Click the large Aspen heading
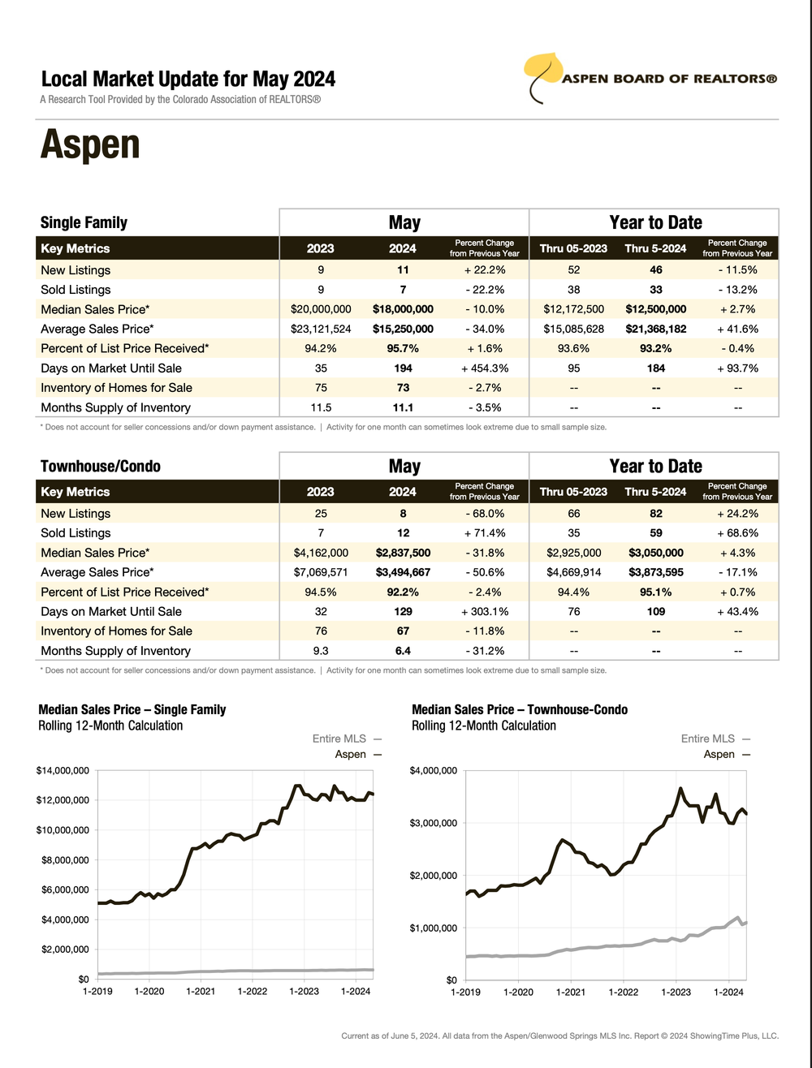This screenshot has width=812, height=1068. pos(90,144)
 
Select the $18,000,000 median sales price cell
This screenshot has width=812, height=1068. pos(403,309)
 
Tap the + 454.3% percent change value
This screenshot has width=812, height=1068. pos(485,368)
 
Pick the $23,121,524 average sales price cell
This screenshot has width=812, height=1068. pos(321,329)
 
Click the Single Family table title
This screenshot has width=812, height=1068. pos(84,222)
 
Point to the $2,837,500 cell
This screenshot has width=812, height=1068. pos(403,553)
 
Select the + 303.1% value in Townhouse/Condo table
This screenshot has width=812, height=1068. pos(485,612)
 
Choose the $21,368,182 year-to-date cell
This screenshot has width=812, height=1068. pos(655,329)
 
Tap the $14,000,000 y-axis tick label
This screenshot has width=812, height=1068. pos(63,770)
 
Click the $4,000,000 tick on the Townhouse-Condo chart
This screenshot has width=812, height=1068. pos(434,770)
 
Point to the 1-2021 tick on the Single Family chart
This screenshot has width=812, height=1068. pos(201,991)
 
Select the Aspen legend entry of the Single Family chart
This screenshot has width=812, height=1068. pos(358,755)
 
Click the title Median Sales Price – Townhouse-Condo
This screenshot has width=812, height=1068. pos(520,710)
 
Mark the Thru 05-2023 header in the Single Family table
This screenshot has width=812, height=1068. pos(573,248)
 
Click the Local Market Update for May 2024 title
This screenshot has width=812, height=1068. pos(188,80)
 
